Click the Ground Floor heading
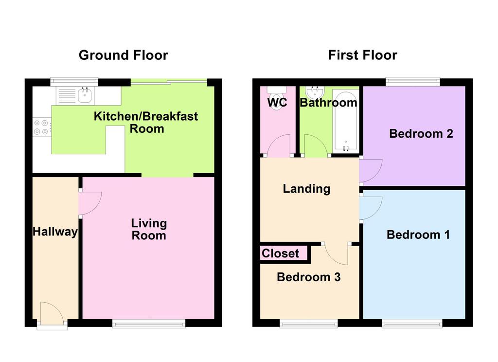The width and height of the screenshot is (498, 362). (123, 55)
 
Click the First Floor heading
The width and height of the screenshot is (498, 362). (362, 55)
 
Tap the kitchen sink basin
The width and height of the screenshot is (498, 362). (85, 95)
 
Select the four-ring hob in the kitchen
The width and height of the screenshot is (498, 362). (42, 127)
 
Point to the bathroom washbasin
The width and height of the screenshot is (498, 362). (315, 92)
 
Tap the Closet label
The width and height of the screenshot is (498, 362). (281, 253)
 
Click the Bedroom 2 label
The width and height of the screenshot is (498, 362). (421, 133)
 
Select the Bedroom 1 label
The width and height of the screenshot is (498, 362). (418, 235)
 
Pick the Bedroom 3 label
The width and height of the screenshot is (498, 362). (309, 277)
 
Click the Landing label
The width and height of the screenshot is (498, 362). (306, 189)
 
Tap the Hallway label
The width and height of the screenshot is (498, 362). (55, 232)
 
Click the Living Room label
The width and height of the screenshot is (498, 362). (149, 229)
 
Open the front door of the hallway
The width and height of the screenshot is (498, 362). (52, 314)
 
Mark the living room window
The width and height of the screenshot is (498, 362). (149, 323)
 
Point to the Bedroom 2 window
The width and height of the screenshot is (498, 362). (413, 82)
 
